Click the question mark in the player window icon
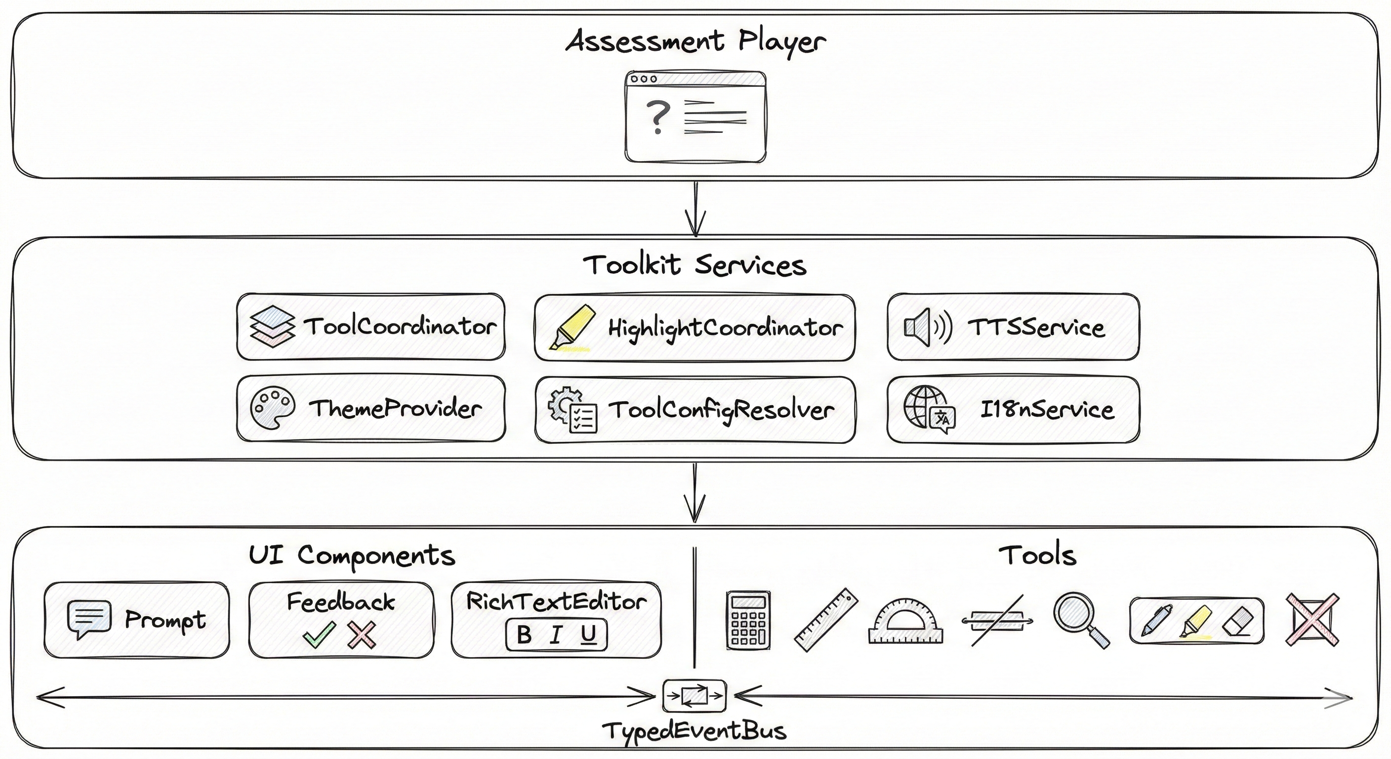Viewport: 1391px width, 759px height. pyautogui.click(x=657, y=117)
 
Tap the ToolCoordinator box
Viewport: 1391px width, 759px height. pyautogui.click(x=371, y=327)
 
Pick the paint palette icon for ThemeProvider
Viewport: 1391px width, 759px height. pyautogui.click(x=272, y=408)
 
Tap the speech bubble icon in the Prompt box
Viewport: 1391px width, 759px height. pyautogui.click(x=89, y=619)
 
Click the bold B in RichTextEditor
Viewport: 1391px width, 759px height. pyautogui.click(x=524, y=635)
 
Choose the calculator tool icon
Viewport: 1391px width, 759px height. pyautogui.click(x=748, y=620)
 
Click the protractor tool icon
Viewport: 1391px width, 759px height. pyautogui.click(x=905, y=621)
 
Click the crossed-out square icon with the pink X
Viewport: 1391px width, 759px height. pyautogui.click(x=1312, y=620)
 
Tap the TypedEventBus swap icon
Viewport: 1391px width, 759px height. pyautogui.click(x=694, y=696)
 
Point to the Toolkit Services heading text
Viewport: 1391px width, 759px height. pyautogui.click(x=695, y=265)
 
